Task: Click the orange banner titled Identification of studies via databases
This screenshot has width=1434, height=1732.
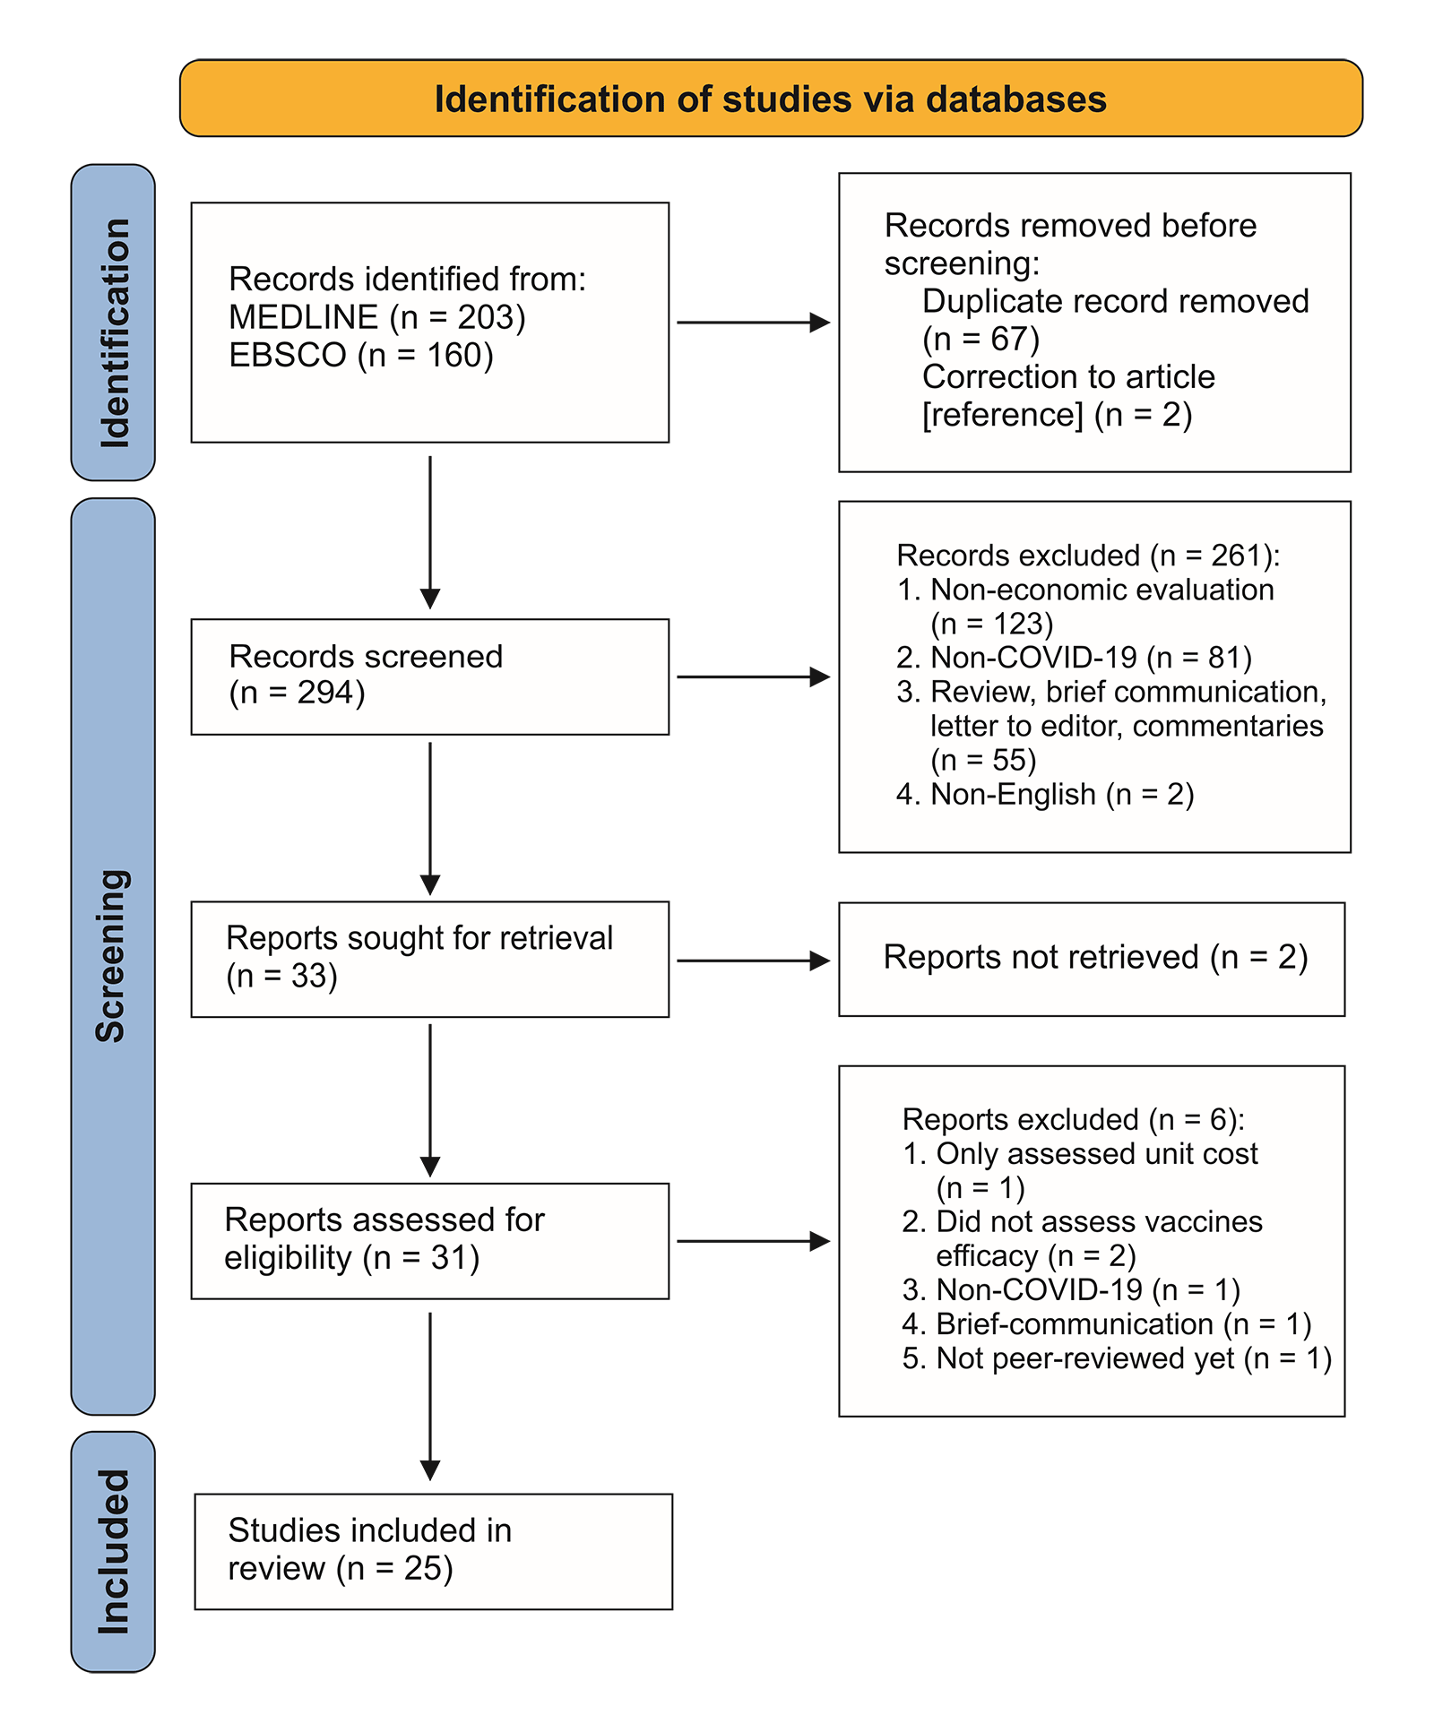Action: tap(771, 99)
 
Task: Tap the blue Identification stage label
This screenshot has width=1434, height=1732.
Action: tap(113, 323)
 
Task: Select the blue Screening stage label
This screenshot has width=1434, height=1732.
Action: tap(113, 956)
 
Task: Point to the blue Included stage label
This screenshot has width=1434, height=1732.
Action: tap(113, 1551)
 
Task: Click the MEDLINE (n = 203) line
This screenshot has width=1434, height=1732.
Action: tap(377, 317)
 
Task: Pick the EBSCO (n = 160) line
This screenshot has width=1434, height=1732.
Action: tap(361, 355)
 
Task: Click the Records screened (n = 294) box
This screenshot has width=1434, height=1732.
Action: tap(430, 676)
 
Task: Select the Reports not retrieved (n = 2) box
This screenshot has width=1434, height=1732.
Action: tap(1092, 959)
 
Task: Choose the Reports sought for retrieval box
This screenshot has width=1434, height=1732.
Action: tap(430, 959)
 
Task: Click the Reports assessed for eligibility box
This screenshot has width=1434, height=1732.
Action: tap(430, 1241)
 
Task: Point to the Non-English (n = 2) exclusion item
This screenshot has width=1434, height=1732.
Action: tap(1045, 794)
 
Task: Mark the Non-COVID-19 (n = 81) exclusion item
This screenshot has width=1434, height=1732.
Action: tap(1074, 658)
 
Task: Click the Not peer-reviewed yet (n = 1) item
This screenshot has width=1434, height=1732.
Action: tap(1117, 1358)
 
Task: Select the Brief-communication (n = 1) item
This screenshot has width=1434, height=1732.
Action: tap(1107, 1324)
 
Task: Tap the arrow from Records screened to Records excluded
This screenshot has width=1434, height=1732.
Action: tap(754, 676)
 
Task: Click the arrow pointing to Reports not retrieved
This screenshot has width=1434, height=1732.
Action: tap(754, 961)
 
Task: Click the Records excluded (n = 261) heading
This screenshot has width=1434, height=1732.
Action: tap(1088, 556)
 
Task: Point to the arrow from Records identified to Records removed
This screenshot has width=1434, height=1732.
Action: tap(754, 323)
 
